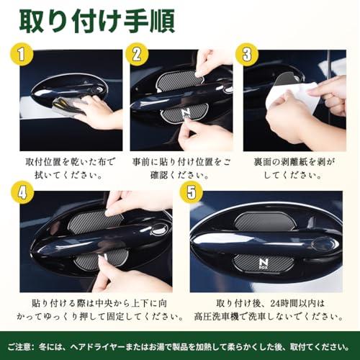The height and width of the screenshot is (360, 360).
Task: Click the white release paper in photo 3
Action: click(x=295, y=96)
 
